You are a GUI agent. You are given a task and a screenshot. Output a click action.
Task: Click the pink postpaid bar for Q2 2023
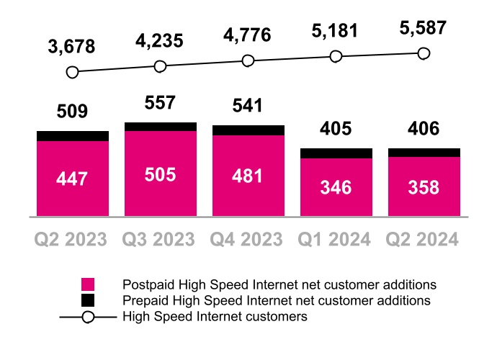coord(72,178)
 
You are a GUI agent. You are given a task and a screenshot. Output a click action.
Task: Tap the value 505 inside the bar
coord(160,174)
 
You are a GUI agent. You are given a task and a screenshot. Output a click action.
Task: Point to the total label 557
coord(160,104)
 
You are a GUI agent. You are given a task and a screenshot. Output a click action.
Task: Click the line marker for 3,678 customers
coord(72,72)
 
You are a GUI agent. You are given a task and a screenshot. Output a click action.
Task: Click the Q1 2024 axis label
coord(336,239)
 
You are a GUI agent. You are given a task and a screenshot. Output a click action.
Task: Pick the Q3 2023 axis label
coord(160,239)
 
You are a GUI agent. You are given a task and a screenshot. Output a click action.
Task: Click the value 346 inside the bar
coord(336,187)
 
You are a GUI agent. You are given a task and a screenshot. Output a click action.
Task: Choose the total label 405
coord(336,130)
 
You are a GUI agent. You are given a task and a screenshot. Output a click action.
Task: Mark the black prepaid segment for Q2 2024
coord(424,153)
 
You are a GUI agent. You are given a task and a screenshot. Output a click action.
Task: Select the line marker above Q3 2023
coord(160,66)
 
